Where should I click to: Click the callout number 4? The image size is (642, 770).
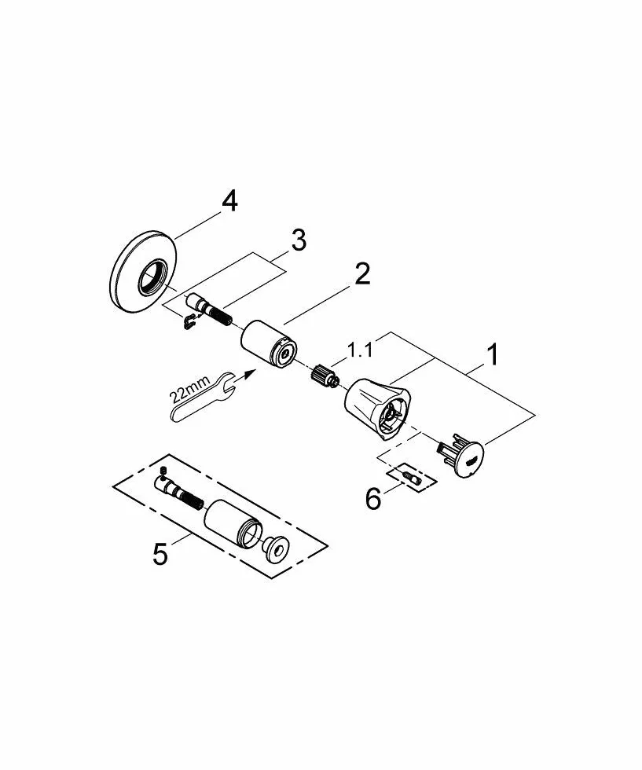point(230,202)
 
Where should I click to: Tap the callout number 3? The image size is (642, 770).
point(298,240)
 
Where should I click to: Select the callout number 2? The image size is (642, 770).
point(362,273)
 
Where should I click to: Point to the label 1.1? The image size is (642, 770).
point(360,350)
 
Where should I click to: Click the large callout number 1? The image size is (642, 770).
point(493,354)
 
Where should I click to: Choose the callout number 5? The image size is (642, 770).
point(160,554)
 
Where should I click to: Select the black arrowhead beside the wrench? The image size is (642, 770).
point(250,373)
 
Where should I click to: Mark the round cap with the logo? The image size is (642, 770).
point(462,455)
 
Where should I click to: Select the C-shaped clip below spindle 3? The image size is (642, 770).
point(189,321)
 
